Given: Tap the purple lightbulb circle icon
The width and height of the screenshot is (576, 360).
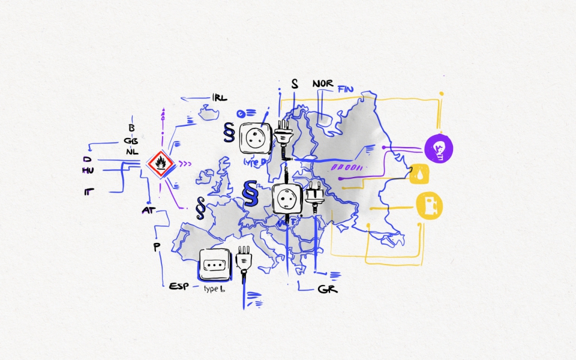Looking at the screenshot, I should (439, 149).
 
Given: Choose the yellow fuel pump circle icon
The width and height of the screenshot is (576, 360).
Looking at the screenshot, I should (430, 204).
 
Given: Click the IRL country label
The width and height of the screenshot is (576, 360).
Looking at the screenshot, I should (220, 98).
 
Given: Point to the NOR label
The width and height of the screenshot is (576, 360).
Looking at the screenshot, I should (323, 83).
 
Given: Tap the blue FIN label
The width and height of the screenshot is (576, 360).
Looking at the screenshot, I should (346, 89).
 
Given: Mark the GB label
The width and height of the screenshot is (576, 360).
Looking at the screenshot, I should (132, 140).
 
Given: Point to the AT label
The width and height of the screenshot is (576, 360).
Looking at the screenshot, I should (148, 210).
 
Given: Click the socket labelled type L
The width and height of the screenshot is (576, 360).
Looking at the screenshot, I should (215, 264).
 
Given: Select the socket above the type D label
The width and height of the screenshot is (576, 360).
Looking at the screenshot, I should (256, 139).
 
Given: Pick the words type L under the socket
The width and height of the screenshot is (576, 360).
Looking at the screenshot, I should (214, 289).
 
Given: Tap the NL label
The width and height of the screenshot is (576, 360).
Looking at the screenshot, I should (132, 152).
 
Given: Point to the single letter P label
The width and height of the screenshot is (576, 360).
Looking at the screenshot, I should (157, 247).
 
